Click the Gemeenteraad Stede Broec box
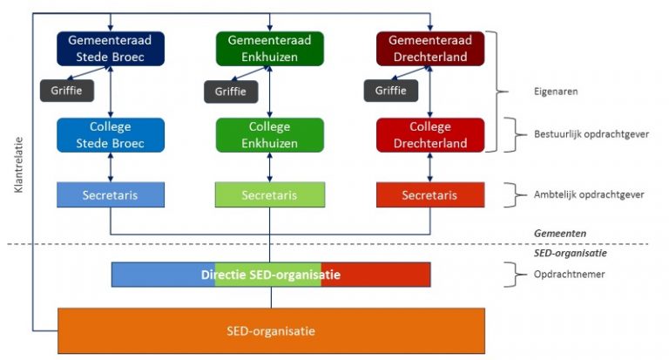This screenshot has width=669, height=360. click(x=110, y=49)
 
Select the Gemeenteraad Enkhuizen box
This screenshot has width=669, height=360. click(x=269, y=49)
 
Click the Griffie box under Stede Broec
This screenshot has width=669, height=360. click(x=66, y=90)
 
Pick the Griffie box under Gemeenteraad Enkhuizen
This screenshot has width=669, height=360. click(x=231, y=91)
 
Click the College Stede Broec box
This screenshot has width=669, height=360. click(x=110, y=135)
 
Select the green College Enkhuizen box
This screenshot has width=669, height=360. click(x=269, y=135)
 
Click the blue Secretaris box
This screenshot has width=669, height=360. click(x=110, y=195)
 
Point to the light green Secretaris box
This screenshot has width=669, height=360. click(x=269, y=195)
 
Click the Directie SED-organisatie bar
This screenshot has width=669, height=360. click(x=270, y=275)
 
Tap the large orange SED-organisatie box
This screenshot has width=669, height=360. click(x=270, y=330)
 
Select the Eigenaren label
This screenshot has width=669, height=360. click(x=555, y=90)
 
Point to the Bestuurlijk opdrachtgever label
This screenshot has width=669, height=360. click(x=590, y=135)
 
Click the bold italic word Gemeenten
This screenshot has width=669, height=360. click(x=557, y=234)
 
